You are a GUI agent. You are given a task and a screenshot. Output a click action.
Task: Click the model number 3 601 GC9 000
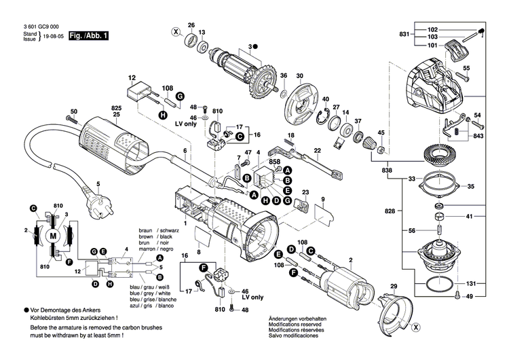[28, 25]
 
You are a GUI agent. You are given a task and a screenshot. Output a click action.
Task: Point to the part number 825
[116, 109]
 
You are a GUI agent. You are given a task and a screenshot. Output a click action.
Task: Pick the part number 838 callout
[387, 168]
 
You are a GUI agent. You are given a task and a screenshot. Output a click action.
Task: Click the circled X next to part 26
[176, 32]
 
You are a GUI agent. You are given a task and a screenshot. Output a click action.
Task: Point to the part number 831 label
[404, 34]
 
